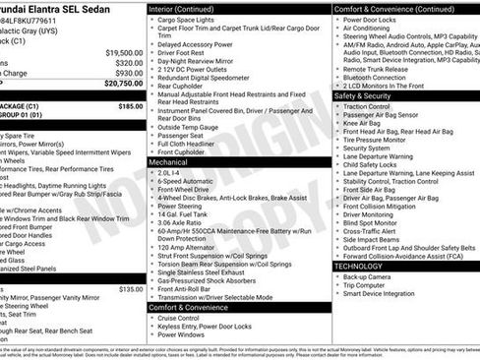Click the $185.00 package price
[x=130, y=105]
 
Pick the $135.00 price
[x=130, y=289]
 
